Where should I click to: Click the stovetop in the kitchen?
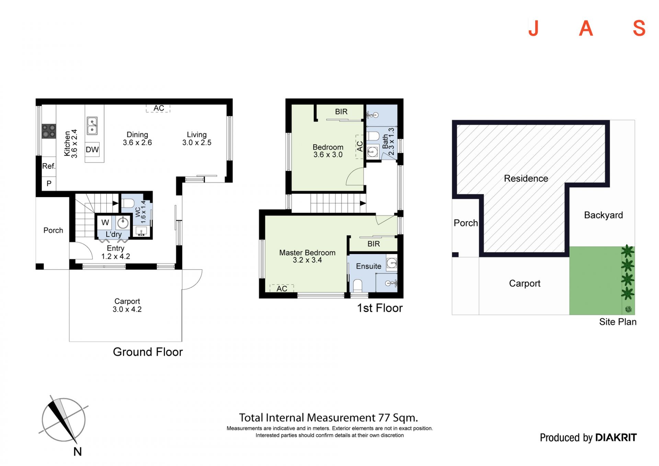click(49, 131)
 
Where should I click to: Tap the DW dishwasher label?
click(92, 150)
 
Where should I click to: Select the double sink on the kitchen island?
click(92, 126)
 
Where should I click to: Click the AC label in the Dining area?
click(159, 108)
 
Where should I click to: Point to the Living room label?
click(197, 138)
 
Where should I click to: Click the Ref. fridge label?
click(49, 166)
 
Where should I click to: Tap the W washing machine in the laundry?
click(105, 223)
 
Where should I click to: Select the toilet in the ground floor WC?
click(128, 204)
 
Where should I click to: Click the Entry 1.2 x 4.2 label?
click(116, 252)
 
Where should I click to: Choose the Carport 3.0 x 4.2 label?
click(127, 305)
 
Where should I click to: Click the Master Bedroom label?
click(307, 256)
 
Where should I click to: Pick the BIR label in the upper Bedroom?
click(341, 112)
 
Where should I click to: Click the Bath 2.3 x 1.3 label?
click(388, 141)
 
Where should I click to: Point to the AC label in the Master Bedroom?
click(282, 289)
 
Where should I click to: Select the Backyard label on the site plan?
click(603, 215)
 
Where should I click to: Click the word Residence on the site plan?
click(526, 179)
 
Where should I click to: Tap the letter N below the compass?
click(78, 452)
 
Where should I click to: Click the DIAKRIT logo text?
click(616, 437)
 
